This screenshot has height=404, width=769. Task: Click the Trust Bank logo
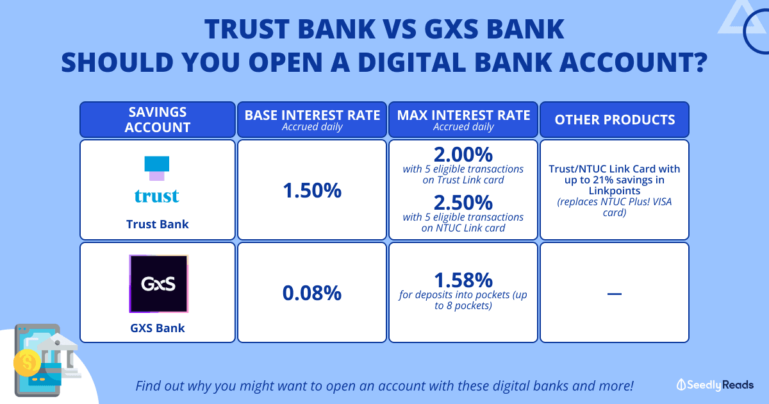tap(157, 180)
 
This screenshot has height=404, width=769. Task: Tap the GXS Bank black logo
tap(159, 283)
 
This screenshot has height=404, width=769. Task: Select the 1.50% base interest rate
tap(312, 190)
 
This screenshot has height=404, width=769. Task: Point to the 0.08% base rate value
tap(312, 293)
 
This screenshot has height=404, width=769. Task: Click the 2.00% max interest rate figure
tap(463, 155)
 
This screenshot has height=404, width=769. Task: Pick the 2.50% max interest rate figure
tap(463, 203)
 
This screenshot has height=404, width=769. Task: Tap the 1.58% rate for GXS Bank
tap(463, 280)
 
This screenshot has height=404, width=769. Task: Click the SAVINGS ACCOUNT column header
tap(158, 119)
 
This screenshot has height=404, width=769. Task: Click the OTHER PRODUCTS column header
tap(615, 119)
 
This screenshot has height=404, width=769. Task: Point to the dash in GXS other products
tap(615, 294)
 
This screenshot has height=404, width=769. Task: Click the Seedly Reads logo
tap(715, 385)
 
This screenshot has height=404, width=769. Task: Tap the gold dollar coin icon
tap(27, 363)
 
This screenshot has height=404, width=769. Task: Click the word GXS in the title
tap(451, 29)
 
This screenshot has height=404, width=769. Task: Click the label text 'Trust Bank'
tap(158, 224)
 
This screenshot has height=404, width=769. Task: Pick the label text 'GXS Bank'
tap(158, 328)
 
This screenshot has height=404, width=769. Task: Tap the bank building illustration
tap(59, 355)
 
